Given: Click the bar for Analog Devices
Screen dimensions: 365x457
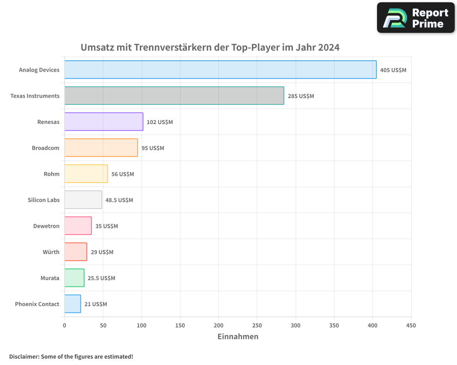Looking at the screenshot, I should [220, 70].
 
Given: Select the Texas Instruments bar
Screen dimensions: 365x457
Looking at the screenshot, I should [174, 96].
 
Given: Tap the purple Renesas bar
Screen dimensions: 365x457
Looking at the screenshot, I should [104, 122].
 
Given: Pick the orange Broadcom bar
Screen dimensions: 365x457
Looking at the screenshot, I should [101, 148].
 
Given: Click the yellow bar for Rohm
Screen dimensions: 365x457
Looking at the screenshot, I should [86, 174].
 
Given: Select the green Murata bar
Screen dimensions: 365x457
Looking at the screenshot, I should [74, 278].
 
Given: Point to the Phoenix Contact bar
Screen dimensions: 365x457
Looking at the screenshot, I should [73, 304].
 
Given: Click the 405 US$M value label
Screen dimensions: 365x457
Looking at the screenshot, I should [393, 70].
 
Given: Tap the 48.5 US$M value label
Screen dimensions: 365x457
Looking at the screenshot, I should [119, 200].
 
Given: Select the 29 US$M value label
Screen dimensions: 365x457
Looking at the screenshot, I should [102, 252].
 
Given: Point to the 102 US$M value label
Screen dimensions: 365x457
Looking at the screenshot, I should [159, 122].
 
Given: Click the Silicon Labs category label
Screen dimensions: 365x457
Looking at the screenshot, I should [43, 200].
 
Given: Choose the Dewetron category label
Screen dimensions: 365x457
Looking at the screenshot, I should [46, 226].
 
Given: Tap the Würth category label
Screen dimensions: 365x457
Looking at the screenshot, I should [51, 252].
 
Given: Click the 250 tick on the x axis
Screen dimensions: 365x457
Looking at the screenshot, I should [257, 325].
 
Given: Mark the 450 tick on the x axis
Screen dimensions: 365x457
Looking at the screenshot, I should [411, 325].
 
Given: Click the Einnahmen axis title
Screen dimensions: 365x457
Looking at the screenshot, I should [238, 337].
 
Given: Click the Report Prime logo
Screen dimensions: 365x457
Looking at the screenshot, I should [415, 18].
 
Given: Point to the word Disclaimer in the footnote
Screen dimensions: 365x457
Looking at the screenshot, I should [24, 356].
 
